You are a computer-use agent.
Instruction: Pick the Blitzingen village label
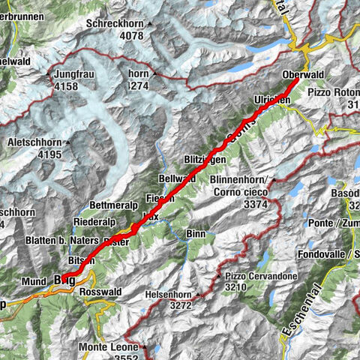click(x=205, y=160)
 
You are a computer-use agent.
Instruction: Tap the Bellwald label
click(x=178, y=178)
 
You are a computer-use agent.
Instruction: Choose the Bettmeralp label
click(x=114, y=204)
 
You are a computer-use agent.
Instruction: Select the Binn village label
click(x=197, y=234)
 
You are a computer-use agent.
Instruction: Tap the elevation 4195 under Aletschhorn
click(x=48, y=154)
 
